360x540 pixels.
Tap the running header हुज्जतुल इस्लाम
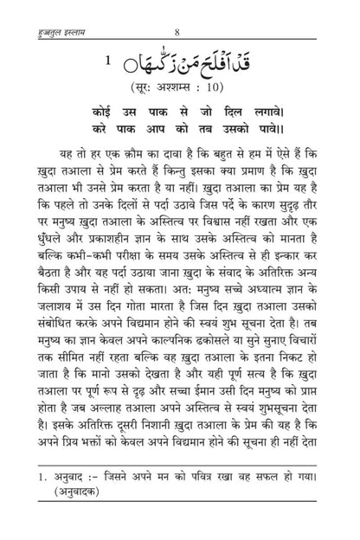point(45,10)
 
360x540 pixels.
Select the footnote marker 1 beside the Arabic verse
point(106,62)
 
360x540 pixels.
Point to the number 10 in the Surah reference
point(237,89)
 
